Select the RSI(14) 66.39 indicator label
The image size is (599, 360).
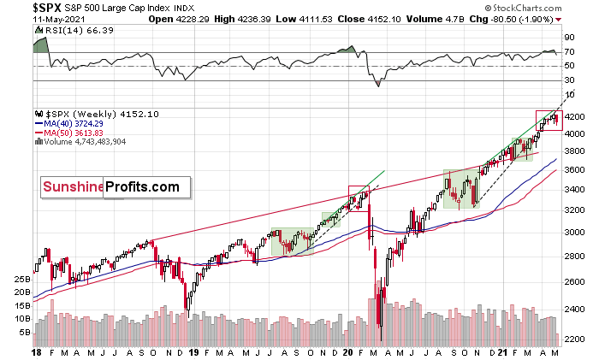pyautogui.click(x=68, y=27)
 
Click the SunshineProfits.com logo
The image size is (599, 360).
pyautogui.click(x=110, y=186)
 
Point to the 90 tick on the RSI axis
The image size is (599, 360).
pyautogui.click(x=567, y=38)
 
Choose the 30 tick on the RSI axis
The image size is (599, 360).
pyautogui.click(x=567, y=81)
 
